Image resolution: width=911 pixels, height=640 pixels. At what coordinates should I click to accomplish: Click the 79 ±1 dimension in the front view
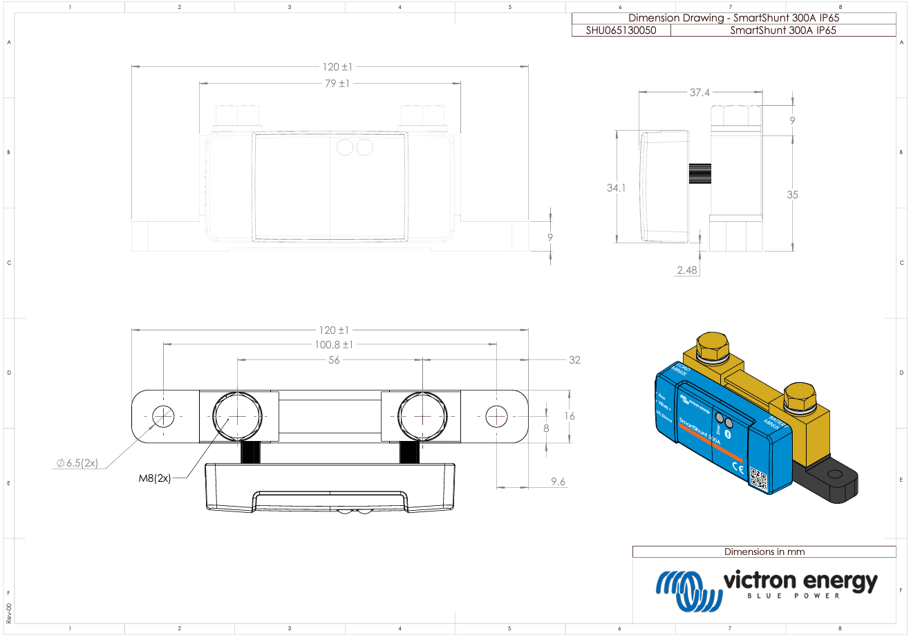click(337, 84)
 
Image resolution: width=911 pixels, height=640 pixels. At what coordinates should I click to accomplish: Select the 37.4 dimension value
click(699, 93)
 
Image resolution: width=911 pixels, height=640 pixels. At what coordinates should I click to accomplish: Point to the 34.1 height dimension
click(615, 188)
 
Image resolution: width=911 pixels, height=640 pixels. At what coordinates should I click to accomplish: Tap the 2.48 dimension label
click(687, 270)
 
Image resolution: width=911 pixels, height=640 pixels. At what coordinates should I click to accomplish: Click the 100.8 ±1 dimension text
click(334, 345)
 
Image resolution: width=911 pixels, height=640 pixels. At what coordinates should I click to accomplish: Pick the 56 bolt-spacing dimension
click(334, 360)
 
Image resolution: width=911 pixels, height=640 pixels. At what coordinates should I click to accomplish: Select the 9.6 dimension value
click(558, 482)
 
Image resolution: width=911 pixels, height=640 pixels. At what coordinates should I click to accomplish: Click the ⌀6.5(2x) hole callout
click(77, 463)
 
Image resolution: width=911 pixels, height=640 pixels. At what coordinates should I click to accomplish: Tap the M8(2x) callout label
click(155, 478)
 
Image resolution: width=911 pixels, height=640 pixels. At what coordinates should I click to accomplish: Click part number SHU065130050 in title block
click(621, 30)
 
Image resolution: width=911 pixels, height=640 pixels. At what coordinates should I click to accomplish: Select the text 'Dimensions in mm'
click(764, 552)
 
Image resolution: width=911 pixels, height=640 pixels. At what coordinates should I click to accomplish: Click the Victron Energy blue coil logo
click(687, 590)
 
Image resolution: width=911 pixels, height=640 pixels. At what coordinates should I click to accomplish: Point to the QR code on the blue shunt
click(759, 479)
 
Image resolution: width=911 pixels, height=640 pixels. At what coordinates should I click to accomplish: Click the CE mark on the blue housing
click(738, 469)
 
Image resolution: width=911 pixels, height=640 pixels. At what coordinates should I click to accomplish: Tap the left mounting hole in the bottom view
click(164, 417)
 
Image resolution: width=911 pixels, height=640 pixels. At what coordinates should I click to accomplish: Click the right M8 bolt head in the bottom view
click(422, 417)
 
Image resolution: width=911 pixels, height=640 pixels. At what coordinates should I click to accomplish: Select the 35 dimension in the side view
click(792, 195)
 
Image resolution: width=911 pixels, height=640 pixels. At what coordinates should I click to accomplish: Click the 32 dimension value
click(574, 360)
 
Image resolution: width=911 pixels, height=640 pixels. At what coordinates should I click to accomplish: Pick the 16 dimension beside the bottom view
click(569, 416)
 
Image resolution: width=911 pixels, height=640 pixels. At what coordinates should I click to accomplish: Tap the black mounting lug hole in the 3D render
click(835, 476)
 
